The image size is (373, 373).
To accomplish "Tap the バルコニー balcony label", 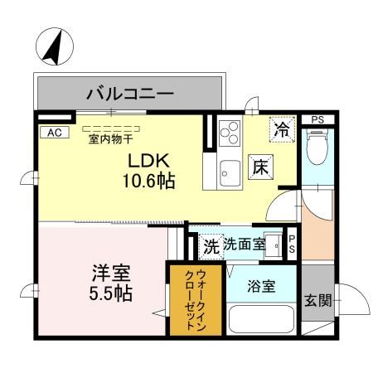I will tap(130, 94).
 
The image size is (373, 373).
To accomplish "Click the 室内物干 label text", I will tap(115, 139).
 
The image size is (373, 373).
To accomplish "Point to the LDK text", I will tap(145, 161).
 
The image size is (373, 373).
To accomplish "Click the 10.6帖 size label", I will tap(149, 181).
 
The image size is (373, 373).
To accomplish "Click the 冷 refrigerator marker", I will tap(283, 129).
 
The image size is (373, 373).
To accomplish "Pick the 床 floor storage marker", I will tap(260, 165).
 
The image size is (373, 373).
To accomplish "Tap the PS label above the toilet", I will tap(317, 119).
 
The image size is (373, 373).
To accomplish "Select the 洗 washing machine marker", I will tap(211, 245).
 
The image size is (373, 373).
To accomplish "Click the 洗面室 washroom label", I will tap(245, 245).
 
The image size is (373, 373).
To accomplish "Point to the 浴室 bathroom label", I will tap(263, 287).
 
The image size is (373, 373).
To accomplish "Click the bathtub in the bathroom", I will tap(259, 320).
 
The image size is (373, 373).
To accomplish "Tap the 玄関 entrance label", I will tap(317, 300).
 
